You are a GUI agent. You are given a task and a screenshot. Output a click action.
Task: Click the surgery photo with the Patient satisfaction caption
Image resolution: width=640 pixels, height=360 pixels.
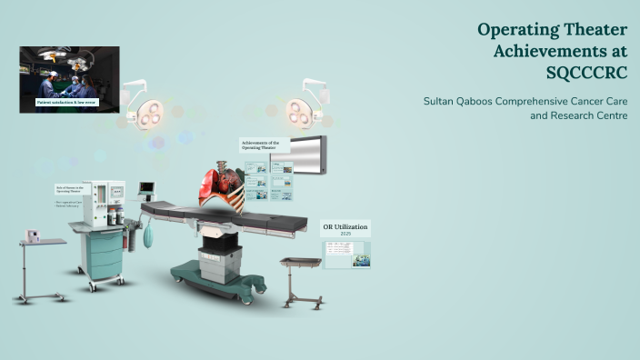pyautogui.click(x=69, y=75)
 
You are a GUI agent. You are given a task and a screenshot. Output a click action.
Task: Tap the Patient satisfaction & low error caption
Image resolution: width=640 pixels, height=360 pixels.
pyautogui.click(x=67, y=104)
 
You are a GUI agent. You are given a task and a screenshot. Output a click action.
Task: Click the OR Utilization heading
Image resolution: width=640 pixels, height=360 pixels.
pyautogui.click(x=345, y=225)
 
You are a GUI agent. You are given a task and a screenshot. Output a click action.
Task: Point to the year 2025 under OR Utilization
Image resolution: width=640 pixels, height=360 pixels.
pyautogui.click(x=345, y=235)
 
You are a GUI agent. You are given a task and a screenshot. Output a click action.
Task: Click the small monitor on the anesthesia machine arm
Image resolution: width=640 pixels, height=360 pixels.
pyautogui.click(x=146, y=189)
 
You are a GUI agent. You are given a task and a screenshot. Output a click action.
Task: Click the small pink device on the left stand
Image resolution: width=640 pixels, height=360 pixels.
pyautogui.click(x=35, y=235)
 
